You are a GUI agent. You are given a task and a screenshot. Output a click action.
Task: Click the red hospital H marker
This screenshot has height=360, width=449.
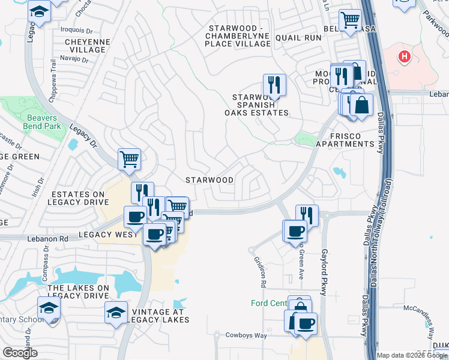[x=405, y=56]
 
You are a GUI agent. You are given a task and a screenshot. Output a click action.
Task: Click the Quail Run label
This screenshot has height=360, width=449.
[x=298, y=37]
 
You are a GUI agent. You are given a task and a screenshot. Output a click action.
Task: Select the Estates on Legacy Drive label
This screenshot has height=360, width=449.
[x=79, y=199]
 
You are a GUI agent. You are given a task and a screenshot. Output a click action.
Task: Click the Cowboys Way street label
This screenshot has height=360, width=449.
[x=246, y=335]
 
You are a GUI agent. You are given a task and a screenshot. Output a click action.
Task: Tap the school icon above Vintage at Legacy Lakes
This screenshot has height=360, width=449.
[x=116, y=312]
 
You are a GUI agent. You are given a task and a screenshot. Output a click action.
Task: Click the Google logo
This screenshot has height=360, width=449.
[x=20, y=353]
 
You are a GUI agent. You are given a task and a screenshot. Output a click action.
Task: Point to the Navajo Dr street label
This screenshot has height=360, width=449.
[x=74, y=58]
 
